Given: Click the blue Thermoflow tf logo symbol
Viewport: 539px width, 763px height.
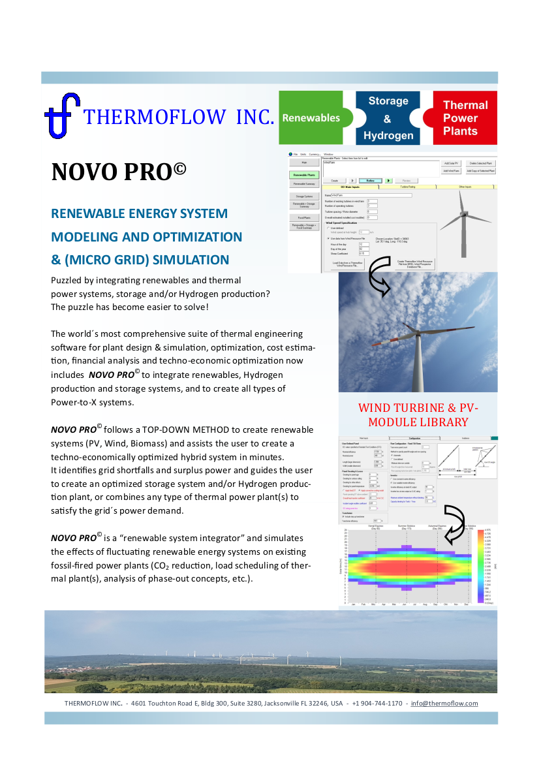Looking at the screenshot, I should tap(61, 115).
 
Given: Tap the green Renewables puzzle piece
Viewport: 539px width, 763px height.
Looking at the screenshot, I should tap(312, 117).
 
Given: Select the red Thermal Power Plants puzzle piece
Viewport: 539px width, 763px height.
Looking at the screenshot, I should tap(465, 117).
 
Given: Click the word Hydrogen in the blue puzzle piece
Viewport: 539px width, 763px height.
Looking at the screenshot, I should tap(388, 136).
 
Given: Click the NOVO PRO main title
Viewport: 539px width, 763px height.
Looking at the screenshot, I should tap(119, 172).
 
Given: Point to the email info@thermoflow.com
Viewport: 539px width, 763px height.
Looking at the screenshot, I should tap(444, 704).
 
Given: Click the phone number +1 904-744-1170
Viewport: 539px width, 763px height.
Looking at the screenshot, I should tap(377, 704).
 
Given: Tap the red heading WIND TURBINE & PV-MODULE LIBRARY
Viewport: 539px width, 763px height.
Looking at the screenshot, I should tap(418, 415).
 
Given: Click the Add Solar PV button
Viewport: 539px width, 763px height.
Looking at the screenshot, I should tap(451, 163).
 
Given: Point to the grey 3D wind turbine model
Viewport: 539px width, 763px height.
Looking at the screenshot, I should tap(464, 212).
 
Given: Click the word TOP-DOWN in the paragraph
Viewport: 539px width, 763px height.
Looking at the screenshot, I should tap(189, 429).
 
